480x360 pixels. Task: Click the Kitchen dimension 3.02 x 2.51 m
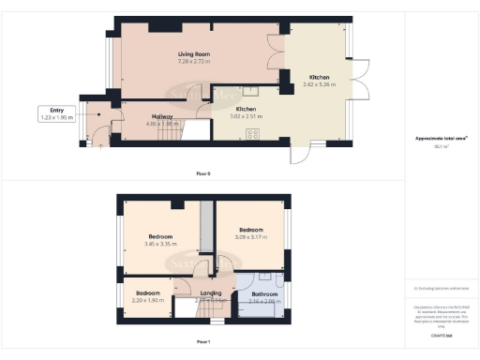246,116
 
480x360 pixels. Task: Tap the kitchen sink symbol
253,92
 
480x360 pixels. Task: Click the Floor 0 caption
203,174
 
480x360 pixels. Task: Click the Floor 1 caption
203,341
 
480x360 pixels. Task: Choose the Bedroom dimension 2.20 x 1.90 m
147,301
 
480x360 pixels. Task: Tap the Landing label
211,293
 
